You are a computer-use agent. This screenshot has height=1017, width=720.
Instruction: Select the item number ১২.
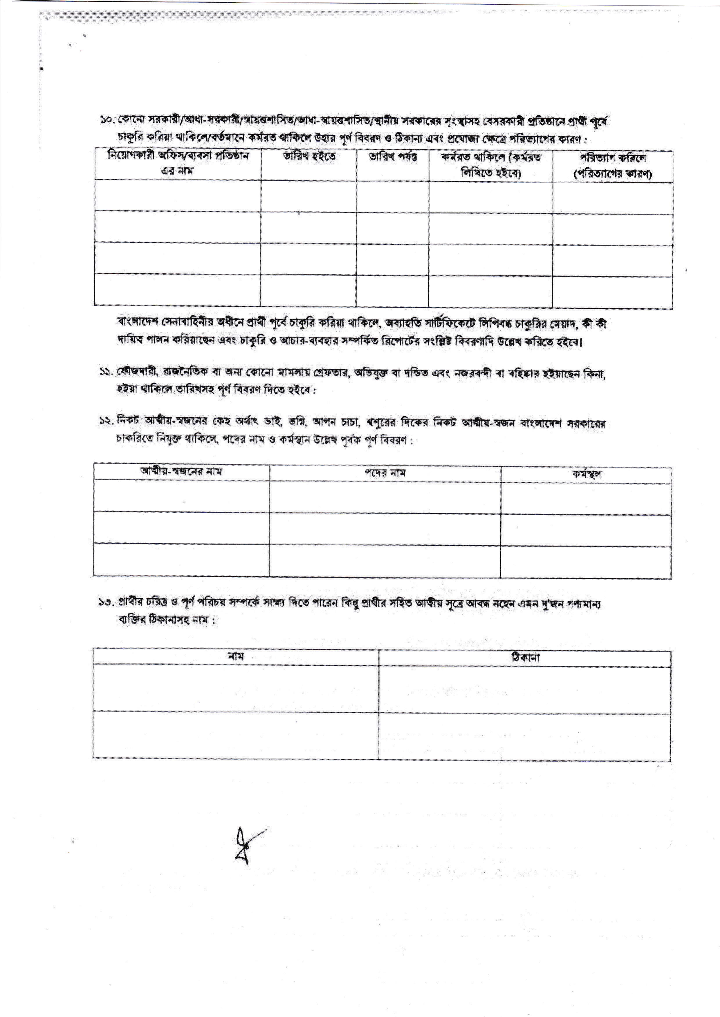tap(107, 422)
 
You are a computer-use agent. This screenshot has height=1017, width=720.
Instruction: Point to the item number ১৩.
tap(107, 602)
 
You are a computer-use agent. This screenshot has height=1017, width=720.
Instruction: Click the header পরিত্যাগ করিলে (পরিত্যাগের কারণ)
tap(612, 165)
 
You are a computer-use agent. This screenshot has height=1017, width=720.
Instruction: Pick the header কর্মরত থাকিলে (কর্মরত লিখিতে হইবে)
tap(490, 164)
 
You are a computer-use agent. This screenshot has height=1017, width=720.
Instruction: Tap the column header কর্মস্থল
tap(586, 473)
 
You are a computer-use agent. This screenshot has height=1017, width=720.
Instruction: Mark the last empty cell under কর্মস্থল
tap(586, 562)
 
